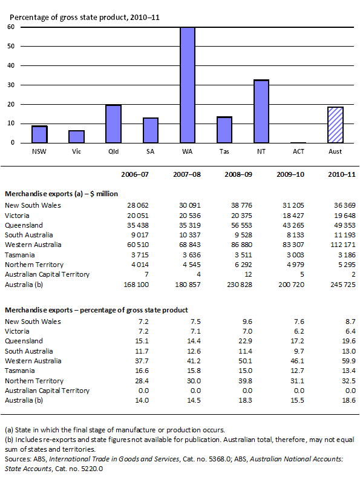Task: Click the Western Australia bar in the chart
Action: pos(188,85)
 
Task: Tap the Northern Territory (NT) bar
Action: pos(261,111)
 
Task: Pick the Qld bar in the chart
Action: pos(114,124)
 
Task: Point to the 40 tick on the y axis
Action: pos(11,65)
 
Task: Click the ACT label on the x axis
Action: pos(298,150)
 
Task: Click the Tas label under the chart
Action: pos(224,150)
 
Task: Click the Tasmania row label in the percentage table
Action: pos(21,370)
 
